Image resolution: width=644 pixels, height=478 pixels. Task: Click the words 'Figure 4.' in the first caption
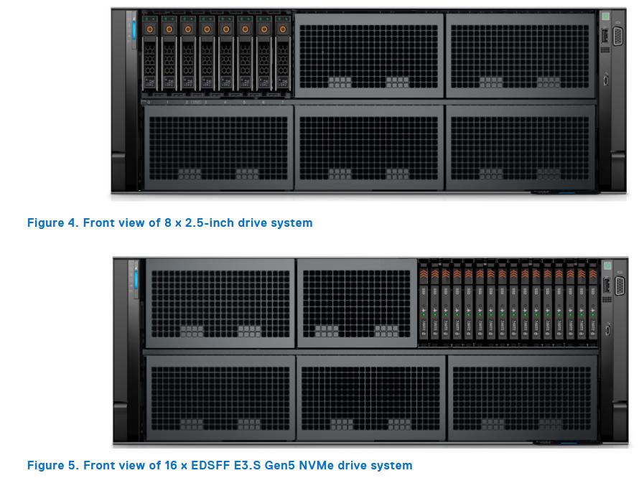(x=53, y=223)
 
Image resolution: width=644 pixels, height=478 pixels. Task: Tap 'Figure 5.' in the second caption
(x=53, y=466)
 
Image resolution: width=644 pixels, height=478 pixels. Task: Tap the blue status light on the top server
(x=132, y=30)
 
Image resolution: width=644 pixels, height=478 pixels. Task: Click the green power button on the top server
(x=605, y=16)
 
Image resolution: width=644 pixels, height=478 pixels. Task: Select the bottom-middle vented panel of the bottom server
(x=370, y=397)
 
